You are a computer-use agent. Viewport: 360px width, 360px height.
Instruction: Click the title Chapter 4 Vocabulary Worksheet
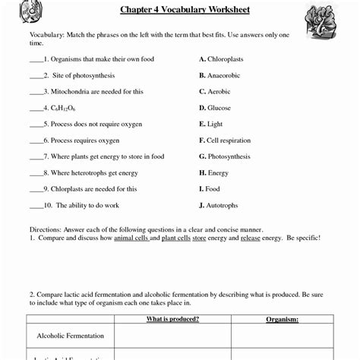185,10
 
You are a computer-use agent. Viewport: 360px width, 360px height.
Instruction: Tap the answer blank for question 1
35,60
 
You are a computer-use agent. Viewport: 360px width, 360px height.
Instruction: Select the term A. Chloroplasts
222,58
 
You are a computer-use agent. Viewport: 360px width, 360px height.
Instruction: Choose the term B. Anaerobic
219,75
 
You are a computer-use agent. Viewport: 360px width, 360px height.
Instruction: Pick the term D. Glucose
214,108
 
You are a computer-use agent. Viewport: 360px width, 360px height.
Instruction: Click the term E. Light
210,124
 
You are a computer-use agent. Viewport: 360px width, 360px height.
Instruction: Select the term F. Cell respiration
224,141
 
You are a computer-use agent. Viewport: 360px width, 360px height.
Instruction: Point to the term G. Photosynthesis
224,156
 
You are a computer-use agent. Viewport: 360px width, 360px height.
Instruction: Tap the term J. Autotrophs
218,205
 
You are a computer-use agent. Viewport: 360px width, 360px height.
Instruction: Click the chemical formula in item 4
65,109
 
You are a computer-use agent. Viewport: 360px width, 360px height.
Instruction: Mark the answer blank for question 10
35,207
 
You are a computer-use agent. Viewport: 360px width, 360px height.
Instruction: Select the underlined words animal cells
131,238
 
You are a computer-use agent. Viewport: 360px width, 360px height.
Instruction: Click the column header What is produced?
172,319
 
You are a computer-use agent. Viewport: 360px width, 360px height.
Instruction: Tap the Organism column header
282,319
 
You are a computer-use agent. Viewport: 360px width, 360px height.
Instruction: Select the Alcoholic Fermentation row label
71,336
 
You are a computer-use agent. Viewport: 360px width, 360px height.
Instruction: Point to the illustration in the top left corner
31,11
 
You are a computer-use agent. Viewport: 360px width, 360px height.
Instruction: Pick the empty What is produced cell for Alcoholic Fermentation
172,336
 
